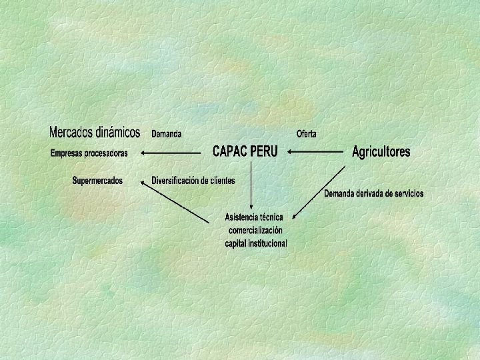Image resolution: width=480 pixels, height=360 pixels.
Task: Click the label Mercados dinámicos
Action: pos(95,132)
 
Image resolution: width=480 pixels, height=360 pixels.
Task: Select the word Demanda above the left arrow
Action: pos(166,134)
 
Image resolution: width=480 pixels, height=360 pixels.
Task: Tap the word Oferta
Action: pos(306,134)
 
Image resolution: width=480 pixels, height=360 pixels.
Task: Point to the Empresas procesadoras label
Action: pos(89,153)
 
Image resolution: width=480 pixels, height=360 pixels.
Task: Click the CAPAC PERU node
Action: pos(245,151)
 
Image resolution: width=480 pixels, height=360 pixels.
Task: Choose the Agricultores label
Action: pos(381,152)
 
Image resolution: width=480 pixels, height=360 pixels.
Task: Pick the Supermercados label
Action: pos(97,181)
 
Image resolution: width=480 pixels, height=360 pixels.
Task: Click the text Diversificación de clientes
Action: pos(193,181)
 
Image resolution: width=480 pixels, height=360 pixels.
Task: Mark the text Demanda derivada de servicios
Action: pos(373,194)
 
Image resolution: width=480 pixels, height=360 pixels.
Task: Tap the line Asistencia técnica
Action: pos(254,217)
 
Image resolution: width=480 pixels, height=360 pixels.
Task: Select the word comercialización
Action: pos(255,230)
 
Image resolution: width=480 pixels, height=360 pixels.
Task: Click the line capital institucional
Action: pos(256,243)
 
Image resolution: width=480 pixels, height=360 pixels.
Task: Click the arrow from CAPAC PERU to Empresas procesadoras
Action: pos(171,153)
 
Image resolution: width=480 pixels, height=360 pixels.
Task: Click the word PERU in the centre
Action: pos(263,151)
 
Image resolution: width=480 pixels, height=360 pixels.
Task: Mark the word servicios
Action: pos(407,194)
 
